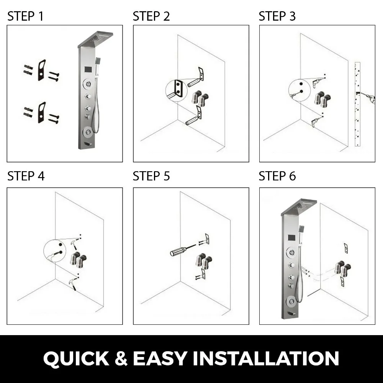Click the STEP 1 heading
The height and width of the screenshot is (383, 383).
tap(25, 16)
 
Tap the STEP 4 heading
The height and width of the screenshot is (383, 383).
tap(26, 176)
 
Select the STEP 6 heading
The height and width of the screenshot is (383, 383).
tap(277, 176)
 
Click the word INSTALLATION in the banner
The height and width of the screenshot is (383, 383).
tap(266, 358)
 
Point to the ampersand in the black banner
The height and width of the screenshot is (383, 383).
tap(121, 358)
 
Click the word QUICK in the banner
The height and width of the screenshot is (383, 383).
tap(76, 359)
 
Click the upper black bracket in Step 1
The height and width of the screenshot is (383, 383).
tap(42, 70)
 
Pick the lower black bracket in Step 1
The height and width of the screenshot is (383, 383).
tap(42, 113)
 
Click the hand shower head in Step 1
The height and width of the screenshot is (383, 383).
tap(98, 60)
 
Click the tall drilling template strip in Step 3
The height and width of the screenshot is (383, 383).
tap(358, 104)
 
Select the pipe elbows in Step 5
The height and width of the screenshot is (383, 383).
tap(203, 261)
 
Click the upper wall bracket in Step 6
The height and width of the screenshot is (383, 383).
tap(345, 248)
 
